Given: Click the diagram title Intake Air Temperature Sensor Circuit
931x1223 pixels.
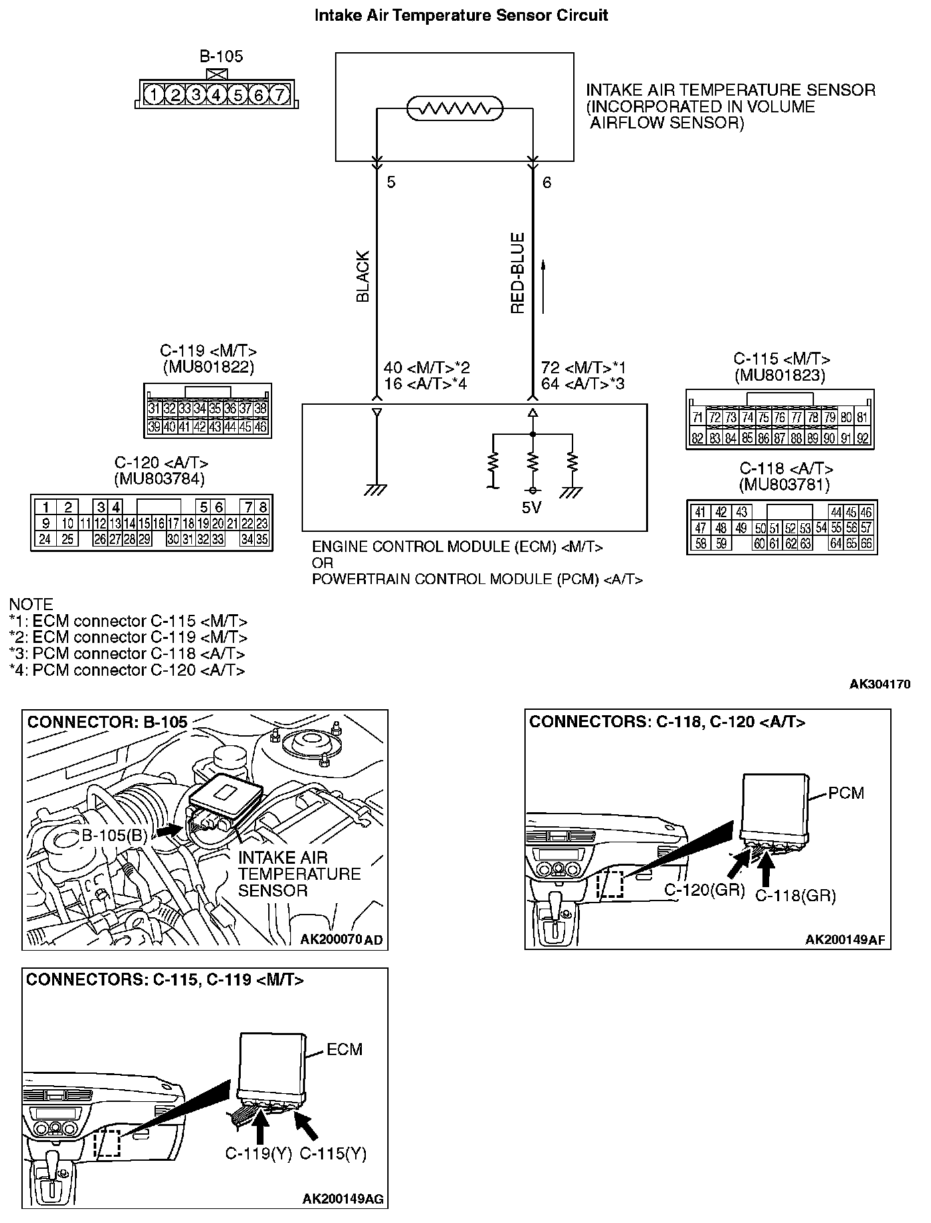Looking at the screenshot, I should point(461,15).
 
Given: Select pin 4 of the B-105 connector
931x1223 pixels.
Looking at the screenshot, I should point(216,95).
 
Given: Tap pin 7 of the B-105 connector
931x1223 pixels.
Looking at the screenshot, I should point(280,95).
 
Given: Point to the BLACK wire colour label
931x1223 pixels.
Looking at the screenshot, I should point(363,277).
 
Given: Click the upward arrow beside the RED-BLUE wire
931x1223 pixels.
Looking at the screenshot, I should point(543,287).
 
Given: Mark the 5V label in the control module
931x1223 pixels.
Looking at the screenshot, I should point(531,508).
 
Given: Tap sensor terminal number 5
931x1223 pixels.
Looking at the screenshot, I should point(391,182).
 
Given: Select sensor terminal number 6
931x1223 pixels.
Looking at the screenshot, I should point(547,182).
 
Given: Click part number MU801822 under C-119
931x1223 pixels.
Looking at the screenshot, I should point(208,367).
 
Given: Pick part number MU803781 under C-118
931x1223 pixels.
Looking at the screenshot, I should point(784,484).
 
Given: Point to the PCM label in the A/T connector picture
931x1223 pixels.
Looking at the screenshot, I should point(846,793).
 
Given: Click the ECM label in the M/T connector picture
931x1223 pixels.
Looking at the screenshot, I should point(344,1050).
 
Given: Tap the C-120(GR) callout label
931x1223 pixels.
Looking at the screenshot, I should point(704,890).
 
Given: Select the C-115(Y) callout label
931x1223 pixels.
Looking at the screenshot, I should point(333,1153).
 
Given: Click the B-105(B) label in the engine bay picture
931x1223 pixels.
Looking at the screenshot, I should point(114,835).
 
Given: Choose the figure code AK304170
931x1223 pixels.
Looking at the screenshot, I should point(880,684).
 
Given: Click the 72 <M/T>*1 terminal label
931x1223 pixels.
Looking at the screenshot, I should point(583,368).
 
